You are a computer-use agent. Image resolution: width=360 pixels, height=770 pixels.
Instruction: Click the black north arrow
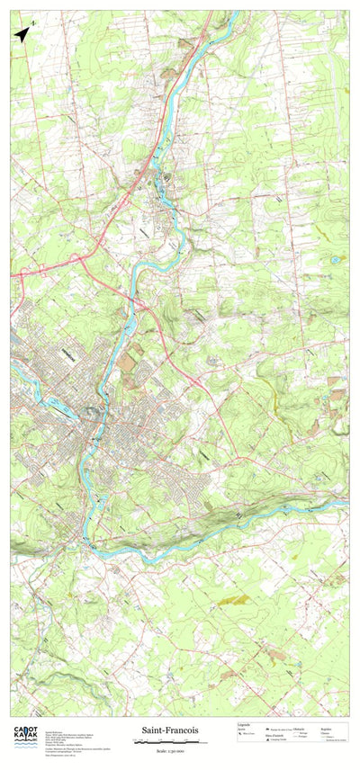tap(22, 34)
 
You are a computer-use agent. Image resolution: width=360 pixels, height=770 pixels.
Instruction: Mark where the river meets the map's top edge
tap(236, 12)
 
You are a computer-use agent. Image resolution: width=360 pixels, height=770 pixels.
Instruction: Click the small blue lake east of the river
tap(336, 260)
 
